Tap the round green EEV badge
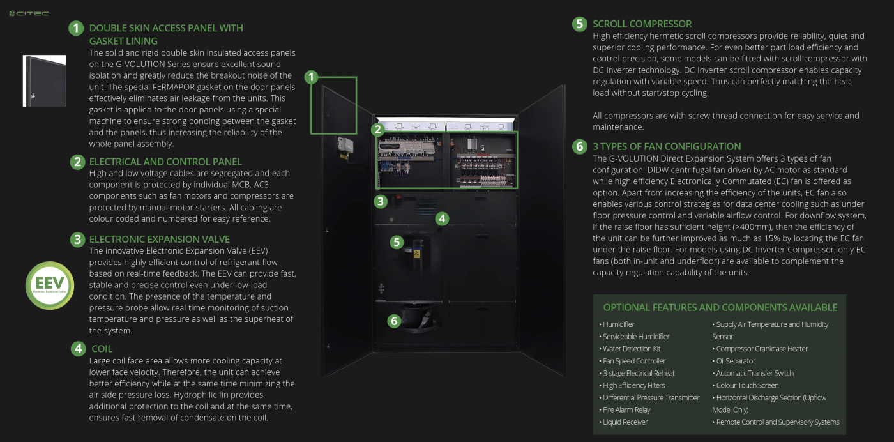[x=50, y=286]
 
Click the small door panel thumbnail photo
[x=44, y=80]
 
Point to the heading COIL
[x=102, y=349]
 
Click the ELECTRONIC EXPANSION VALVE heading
[x=165, y=240]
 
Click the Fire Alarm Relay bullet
[x=626, y=409]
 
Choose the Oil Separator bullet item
[x=735, y=361]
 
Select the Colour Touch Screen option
[x=747, y=385]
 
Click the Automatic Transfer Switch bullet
[x=755, y=373]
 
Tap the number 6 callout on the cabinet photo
[x=395, y=321]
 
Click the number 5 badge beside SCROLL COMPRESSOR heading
[x=579, y=24]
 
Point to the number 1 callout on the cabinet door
[x=311, y=78]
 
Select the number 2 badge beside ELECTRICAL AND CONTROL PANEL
[x=77, y=162]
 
